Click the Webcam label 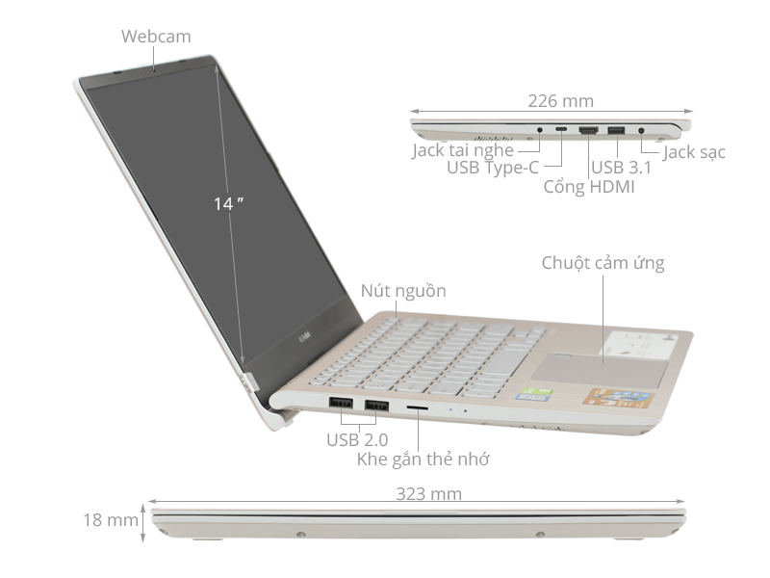(x=156, y=37)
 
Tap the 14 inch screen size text (x=227, y=203)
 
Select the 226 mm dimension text (x=560, y=100)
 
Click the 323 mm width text (x=428, y=494)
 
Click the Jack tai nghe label (x=463, y=150)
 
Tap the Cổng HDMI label (x=589, y=186)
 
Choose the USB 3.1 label (x=622, y=168)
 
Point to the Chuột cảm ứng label (x=603, y=263)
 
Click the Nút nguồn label (x=403, y=291)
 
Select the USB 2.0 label (x=357, y=439)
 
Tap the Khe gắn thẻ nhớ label (x=423, y=459)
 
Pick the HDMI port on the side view (x=589, y=129)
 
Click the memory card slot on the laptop (x=418, y=408)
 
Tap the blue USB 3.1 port (x=616, y=129)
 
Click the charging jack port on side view (x=641, y=129)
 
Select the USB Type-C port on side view (x=560, y=129)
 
